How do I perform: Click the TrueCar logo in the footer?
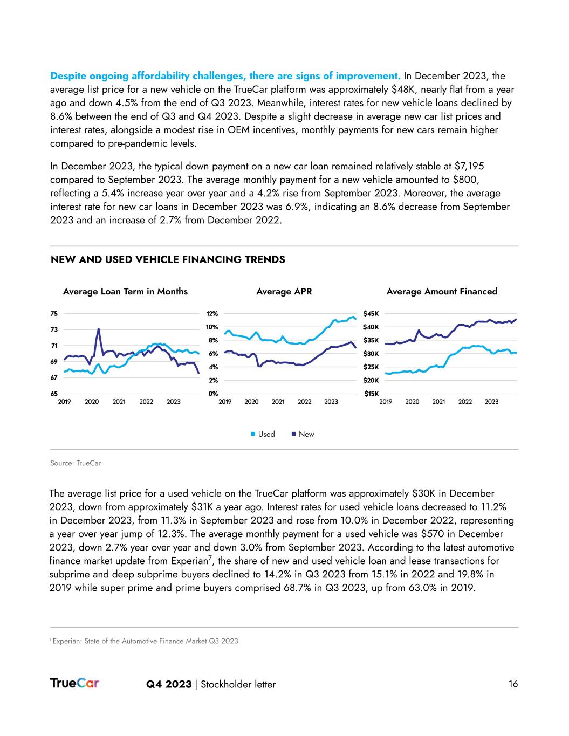pos(74,683)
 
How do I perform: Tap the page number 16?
pos(513,684)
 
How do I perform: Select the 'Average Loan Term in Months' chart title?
pos(125,292)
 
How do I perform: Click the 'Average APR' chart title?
pos(284,292)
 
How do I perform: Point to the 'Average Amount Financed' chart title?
pos(442,292)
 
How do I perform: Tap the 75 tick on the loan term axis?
pos(54,313)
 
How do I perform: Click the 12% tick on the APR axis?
pos(212,313)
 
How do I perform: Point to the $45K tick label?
pos(371,313)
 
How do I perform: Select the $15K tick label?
pos(371,394)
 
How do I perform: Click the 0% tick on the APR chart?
pos(213,394)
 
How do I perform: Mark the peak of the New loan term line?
pos(98,329)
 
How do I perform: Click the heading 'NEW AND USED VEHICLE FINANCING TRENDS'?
pos(168,260)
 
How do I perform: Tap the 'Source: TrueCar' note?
pos(76,463)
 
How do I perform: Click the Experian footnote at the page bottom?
pos(144,641)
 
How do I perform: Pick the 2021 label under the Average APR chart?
pos(278,402)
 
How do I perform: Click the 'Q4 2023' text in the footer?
pos(169,684)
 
